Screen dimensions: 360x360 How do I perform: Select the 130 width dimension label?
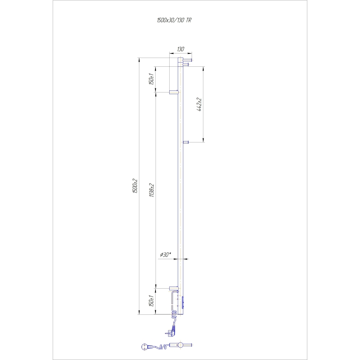tap(180, 49)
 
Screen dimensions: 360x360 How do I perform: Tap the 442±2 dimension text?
tap(199, 105)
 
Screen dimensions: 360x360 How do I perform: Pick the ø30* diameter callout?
tap(165, 255)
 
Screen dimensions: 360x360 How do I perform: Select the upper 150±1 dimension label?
tap(152, 79)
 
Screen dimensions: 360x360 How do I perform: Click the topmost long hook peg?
tap(187, 60)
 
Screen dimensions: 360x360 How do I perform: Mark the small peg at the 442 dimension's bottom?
tap(186, 142)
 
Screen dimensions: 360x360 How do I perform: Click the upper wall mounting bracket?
tap(173, 92)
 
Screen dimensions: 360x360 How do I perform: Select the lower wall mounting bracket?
tap(173, 287)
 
